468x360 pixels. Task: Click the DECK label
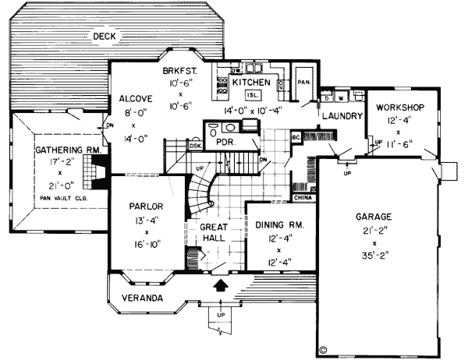104,36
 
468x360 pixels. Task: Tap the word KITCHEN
252,81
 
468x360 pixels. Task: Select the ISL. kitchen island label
253,94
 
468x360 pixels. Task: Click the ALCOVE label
135,99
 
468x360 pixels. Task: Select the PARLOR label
146,207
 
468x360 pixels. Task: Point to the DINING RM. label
279,224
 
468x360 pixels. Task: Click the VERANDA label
141,299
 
